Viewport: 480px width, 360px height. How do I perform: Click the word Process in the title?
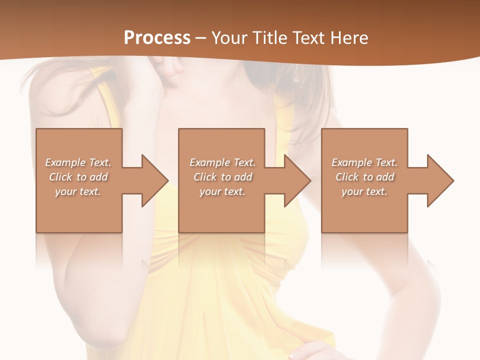point(157,37)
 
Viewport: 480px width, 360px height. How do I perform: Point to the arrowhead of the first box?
point(155,180)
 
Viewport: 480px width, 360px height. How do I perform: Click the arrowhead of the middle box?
point(297,180)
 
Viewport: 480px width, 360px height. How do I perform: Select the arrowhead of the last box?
point(440,180)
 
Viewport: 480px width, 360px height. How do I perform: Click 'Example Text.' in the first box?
point(78,162)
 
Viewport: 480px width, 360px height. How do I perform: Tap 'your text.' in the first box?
point(78,191)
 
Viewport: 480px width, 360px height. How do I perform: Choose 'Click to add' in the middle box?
point(222,177)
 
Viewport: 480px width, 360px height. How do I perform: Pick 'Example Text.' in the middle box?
point(222,162)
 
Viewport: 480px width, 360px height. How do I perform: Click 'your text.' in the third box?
point(364,191)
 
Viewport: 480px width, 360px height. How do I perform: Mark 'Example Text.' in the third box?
point(364,162)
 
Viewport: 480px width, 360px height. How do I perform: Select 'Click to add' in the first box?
point(78,177)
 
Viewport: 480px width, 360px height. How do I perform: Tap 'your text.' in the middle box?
point(222,191)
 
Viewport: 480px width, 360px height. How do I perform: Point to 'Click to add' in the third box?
point(364,177)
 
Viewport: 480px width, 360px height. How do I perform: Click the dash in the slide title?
point(201,38)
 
